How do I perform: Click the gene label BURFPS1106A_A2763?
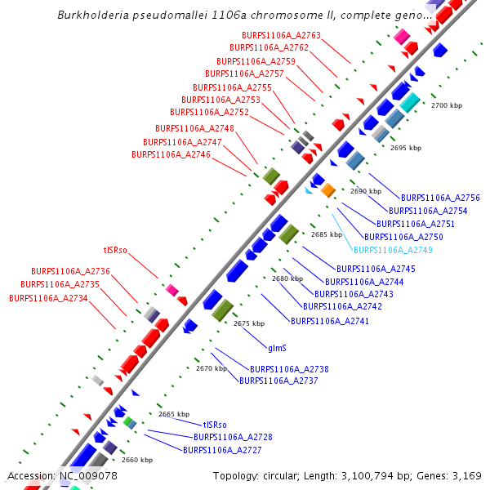[281, 35]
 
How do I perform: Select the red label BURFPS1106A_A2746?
[171, 154]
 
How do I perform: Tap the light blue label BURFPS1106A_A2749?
[393, 250]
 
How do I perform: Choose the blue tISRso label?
[215, 425]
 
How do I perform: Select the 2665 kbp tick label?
[174, 414]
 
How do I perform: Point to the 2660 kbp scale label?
[137, 460]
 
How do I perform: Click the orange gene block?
[327, 190]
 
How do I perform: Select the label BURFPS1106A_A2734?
[48, 298]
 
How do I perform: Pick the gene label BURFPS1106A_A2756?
[440, 198]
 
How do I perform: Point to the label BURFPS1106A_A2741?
[330, 321]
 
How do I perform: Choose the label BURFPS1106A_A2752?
[209, 112]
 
